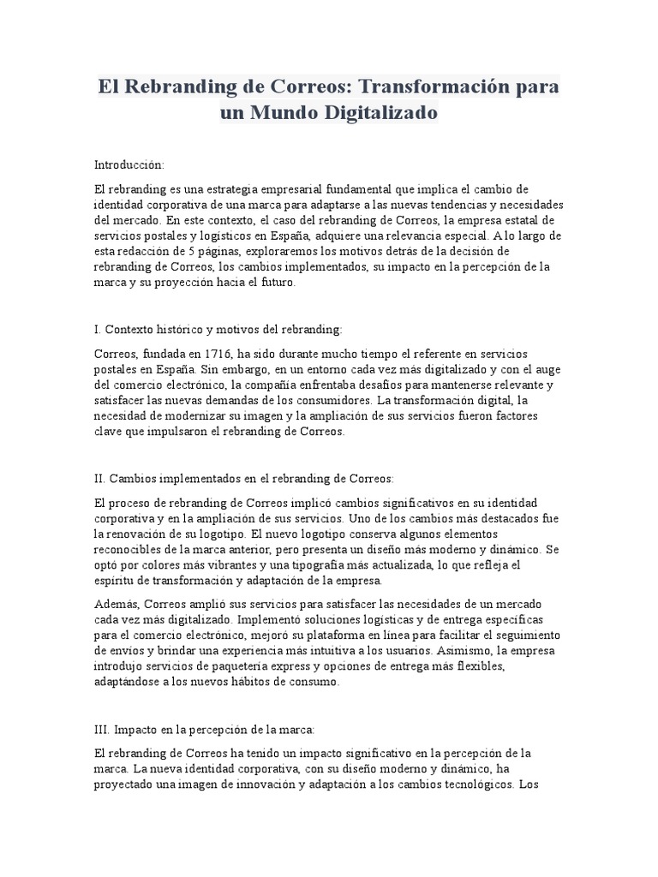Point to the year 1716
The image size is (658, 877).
pos(221,354)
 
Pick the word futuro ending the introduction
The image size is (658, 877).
pos(274,282)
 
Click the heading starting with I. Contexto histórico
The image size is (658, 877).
pos(218,329)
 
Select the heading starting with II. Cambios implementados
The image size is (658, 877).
pos(243,478)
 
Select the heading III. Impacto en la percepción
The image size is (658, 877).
pos(205,729)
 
